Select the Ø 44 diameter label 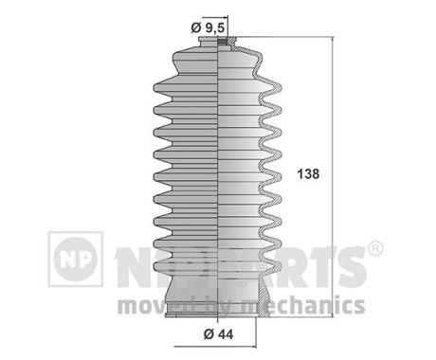point(218,333)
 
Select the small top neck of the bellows point(219,43)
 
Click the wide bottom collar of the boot point(219,296)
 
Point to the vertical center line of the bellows point(219,171)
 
